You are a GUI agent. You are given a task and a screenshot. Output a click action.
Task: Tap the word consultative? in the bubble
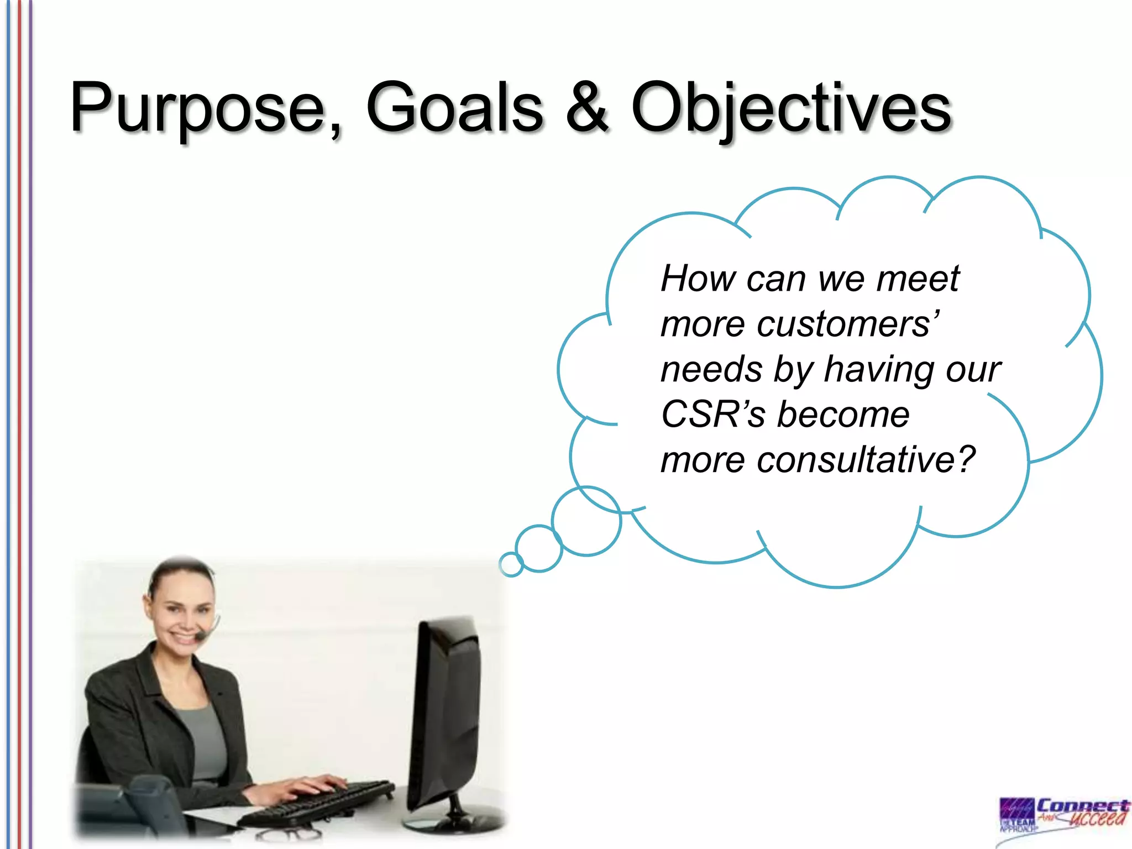coord(865,460)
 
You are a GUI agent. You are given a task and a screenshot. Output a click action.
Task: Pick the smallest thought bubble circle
coord(511,564)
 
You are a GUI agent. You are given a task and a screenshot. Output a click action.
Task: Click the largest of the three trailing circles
coord(586,521)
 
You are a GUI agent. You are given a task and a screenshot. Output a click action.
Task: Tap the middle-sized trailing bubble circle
coord(539,548)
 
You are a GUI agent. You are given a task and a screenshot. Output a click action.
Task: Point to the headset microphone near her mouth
coord(200,637)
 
